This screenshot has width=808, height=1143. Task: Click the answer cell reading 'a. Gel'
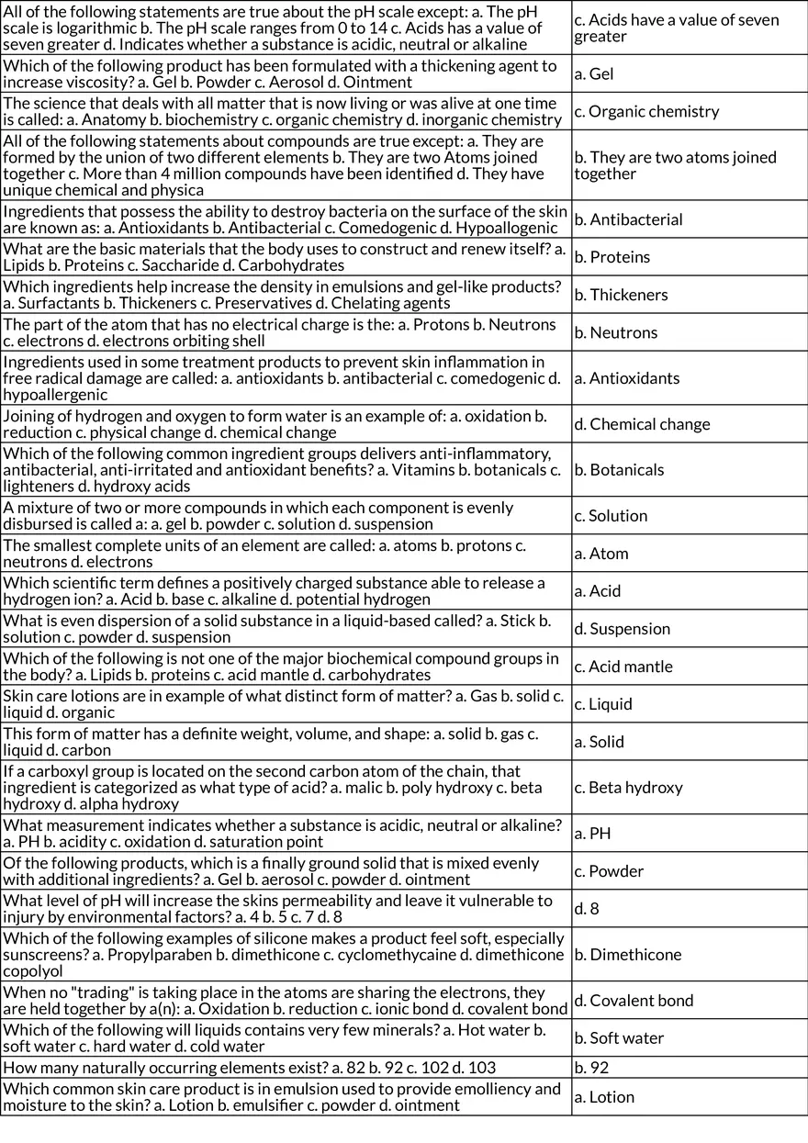click(x=594, y=74)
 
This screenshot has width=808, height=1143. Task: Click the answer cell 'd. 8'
click(x=587, y=909)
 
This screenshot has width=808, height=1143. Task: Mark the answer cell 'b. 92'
click(x=591, y=1068)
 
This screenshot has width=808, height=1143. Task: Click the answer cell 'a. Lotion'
click(x=604, y=1097)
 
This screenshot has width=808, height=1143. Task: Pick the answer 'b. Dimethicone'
click(x=628, y=955)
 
